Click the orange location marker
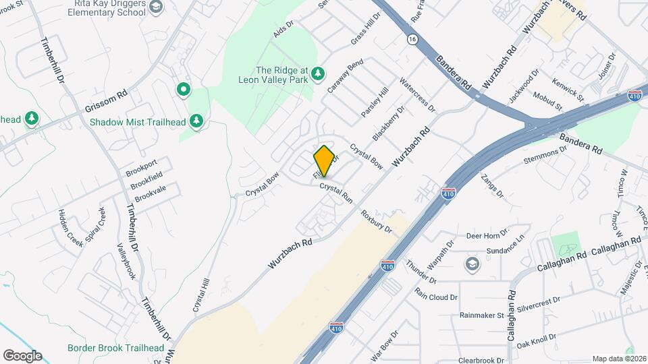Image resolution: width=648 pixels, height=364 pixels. coord(324,161)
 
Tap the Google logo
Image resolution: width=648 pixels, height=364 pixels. coord(22,356)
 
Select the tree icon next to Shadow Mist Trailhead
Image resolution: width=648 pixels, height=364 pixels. coord(196,121)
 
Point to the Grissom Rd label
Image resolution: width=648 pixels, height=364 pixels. coord(106,103)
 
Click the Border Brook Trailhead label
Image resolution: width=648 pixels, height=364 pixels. coord(116,348)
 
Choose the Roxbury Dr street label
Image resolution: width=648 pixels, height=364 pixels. coord(377,223)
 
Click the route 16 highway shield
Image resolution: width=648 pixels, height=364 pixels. coord(412,40)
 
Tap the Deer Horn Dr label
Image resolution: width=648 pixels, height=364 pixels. coord(487,235)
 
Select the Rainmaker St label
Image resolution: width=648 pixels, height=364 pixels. coord(482,315)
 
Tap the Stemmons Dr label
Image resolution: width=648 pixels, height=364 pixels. coord(541,159)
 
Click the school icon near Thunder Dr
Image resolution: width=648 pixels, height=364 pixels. coord(472,263)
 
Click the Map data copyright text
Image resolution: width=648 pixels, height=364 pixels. coord(618,359)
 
